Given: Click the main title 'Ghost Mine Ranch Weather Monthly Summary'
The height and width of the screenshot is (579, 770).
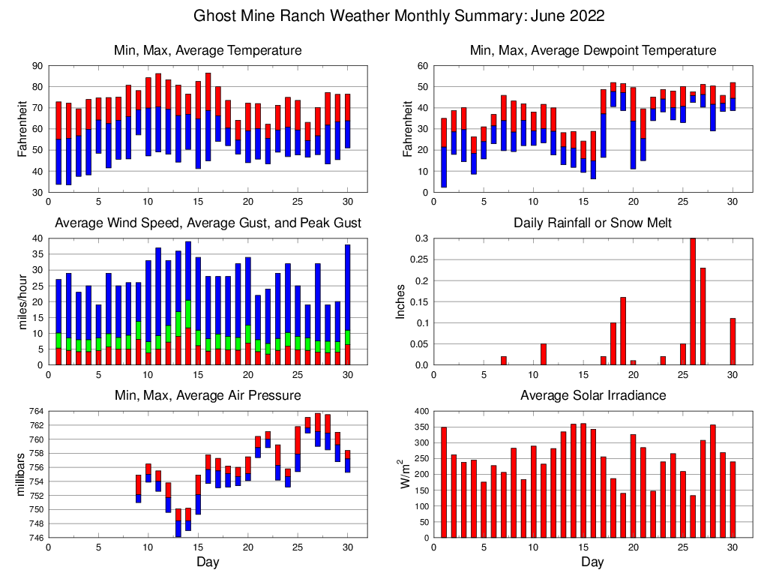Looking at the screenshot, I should [399, 16].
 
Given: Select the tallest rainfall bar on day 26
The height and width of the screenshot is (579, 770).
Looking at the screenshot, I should [693, 301].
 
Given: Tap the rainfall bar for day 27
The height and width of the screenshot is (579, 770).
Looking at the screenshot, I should [703, 316].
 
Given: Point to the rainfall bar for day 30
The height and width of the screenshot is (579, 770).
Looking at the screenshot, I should [733, 342].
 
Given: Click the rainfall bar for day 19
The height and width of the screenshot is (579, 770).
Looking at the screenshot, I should [623, 331].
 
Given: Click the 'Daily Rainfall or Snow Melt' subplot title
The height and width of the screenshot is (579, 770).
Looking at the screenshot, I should [592, 223].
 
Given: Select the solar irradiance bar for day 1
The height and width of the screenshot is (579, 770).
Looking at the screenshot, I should [444, 482].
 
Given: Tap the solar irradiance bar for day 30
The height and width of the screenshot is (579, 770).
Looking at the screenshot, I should [733, 499].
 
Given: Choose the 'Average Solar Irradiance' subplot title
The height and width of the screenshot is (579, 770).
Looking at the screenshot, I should [592, 395].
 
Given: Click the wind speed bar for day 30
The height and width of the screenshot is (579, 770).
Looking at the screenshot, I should [347, 304].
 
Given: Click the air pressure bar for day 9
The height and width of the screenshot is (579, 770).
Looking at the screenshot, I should [139, 489].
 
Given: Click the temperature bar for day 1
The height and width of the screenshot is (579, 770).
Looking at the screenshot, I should [58, 142].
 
